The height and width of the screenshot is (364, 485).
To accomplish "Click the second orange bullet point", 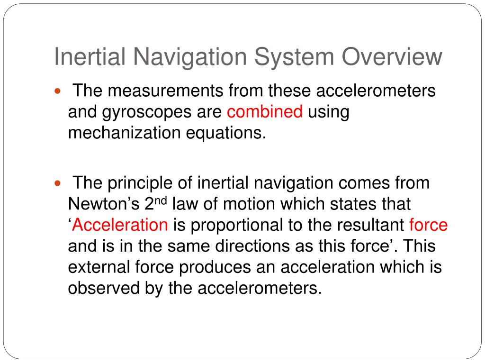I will coord(58,183).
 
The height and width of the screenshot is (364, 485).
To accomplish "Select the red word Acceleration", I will coord(120,225).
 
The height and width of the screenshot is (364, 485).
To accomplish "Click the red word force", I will coord(428,225).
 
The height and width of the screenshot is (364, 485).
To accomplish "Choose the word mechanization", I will coord(122,133).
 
